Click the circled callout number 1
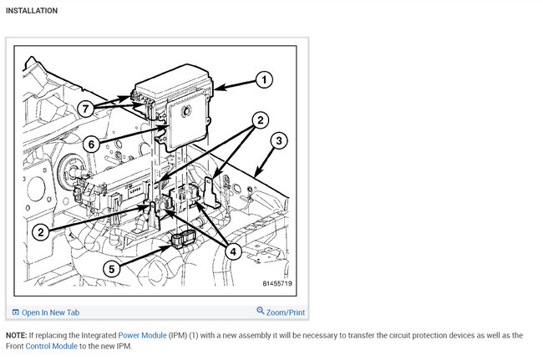(263, 80)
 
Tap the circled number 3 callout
(280, 139)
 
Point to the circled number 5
(112, 269)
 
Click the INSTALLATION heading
(32, 11)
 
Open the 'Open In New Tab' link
(50, 312)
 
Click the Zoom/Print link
(286, 312)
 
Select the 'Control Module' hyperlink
(50, 345)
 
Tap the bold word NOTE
(17, 335)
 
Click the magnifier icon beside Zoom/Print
(261, 312)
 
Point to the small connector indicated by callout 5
(181, 241)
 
